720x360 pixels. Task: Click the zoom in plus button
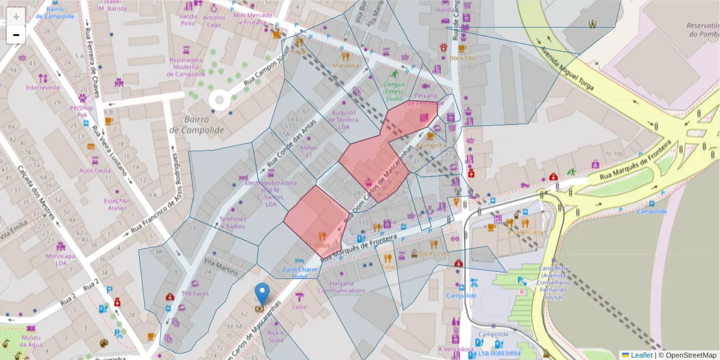[x=16, y=16]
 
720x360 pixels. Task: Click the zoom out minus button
[x=16, y=35]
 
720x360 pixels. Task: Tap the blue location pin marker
[x=262, y=294]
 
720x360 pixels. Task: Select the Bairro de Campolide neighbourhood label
[x=196, y=125]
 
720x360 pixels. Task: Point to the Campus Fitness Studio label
[x=394, y=91]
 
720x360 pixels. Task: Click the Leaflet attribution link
[x=641, y=355]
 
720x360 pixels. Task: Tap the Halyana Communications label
[x=341, y=287]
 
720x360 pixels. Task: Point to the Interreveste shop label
[x=43, y=87]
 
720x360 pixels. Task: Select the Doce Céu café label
[x=462, y=58]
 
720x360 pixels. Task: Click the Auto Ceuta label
[x=95, y=170]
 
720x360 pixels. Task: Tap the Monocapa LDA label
[x=60, y=259]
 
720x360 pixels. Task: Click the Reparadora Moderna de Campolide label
[x=187, y=67]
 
